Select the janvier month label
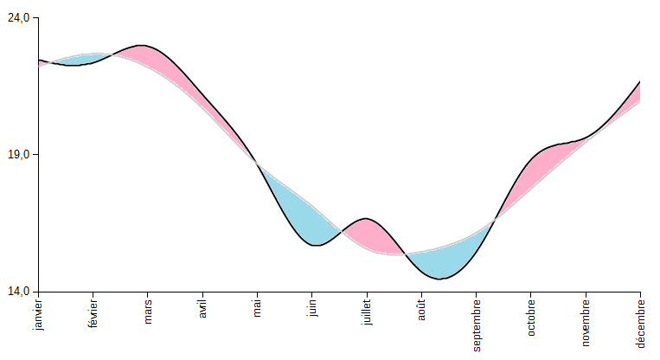[38, 314]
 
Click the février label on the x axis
[93, 312]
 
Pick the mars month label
[148, 310]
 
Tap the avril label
[202, 309]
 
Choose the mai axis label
[257, 307]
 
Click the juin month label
[312, 308]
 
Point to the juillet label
[367, 311]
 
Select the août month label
[422, 309]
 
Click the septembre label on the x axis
[477, 325]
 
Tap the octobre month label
[531, 317]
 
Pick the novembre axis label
[586, 321]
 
